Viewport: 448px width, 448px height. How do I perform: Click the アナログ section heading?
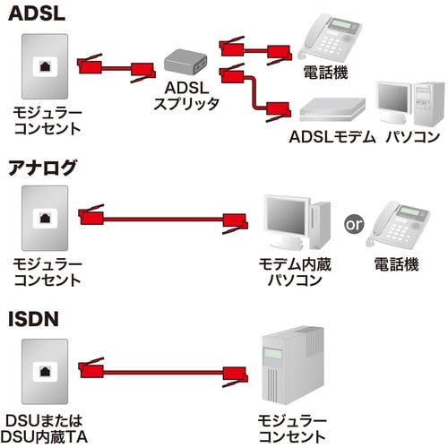[43, 168]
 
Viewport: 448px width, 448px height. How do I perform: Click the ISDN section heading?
[32, 319]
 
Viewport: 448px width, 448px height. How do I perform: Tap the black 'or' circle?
[354, 223]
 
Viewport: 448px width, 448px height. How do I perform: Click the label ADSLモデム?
[332, 137]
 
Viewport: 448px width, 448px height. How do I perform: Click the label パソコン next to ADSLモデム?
[412, 137]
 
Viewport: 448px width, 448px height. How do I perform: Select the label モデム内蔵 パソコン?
[289, 272]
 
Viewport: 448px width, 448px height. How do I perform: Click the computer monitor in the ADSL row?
[395, 101]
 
